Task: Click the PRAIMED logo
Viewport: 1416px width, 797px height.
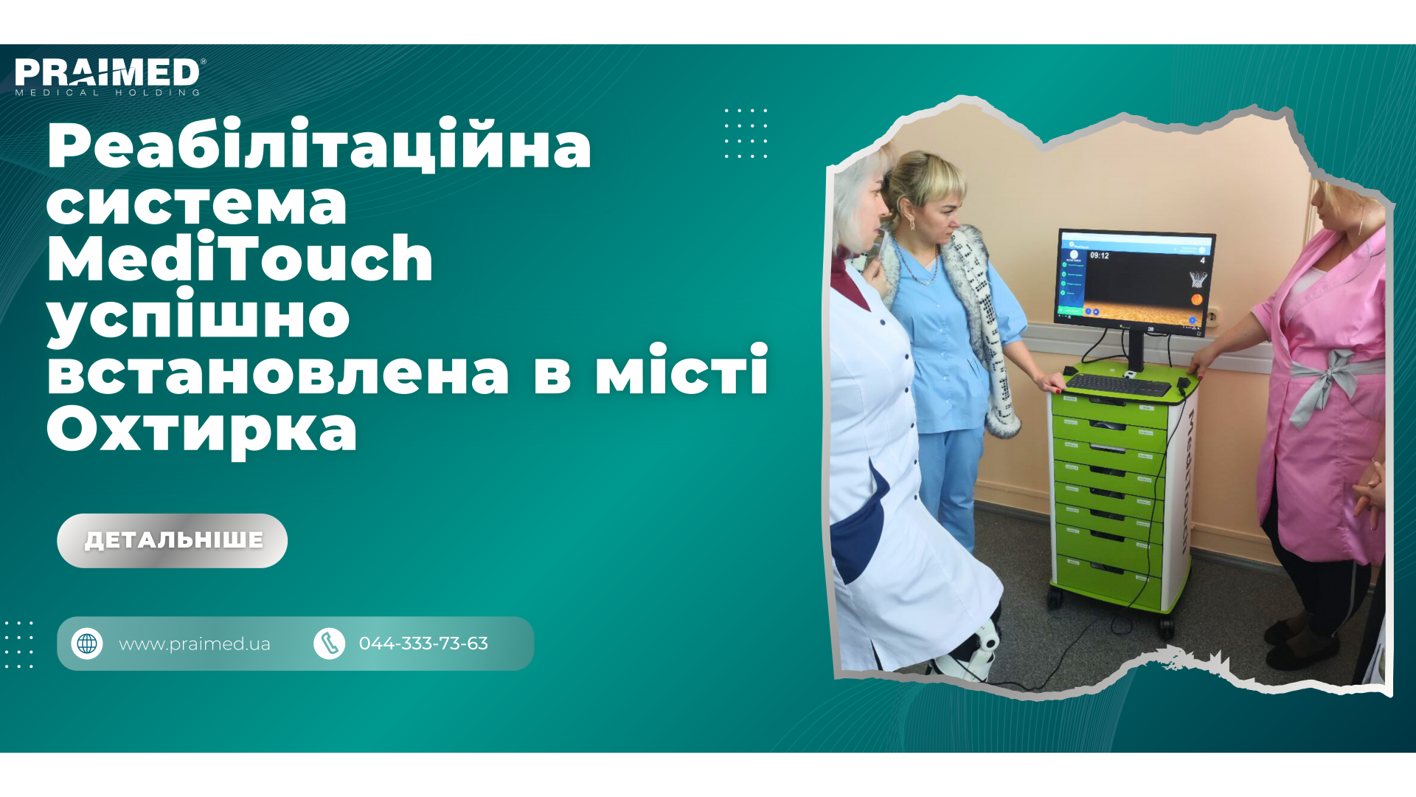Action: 108,76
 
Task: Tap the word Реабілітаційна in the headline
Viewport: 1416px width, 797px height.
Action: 319,145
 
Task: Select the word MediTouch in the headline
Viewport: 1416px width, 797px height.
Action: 240,258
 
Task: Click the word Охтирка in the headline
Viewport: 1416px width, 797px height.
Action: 201,430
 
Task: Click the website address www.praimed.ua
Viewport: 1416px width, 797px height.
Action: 194,644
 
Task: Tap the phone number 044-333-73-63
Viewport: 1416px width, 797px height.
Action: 423,644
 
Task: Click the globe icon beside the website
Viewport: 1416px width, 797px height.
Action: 87,644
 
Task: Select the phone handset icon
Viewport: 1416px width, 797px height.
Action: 330,644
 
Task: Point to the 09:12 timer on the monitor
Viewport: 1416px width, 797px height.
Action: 1099,256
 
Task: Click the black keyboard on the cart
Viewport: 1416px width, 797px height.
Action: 1118,384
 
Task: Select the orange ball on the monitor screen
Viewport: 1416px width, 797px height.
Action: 1196,299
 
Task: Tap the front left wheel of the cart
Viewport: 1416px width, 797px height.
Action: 1057,597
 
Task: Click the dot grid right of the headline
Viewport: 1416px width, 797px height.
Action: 746,134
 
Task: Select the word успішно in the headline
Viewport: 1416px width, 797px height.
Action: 198,316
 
